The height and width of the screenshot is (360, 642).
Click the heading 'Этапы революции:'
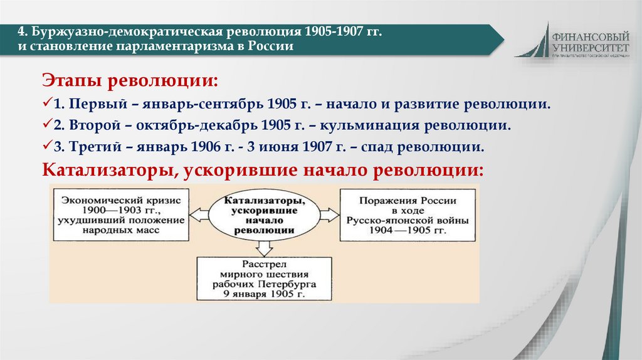pos(130,81)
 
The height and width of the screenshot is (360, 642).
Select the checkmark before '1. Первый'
pos(47,102)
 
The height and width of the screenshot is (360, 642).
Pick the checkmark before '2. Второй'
pos(47,125)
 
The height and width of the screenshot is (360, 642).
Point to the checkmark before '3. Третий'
pos(47,147)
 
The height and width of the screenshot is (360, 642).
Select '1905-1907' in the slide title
pos(336,32)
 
